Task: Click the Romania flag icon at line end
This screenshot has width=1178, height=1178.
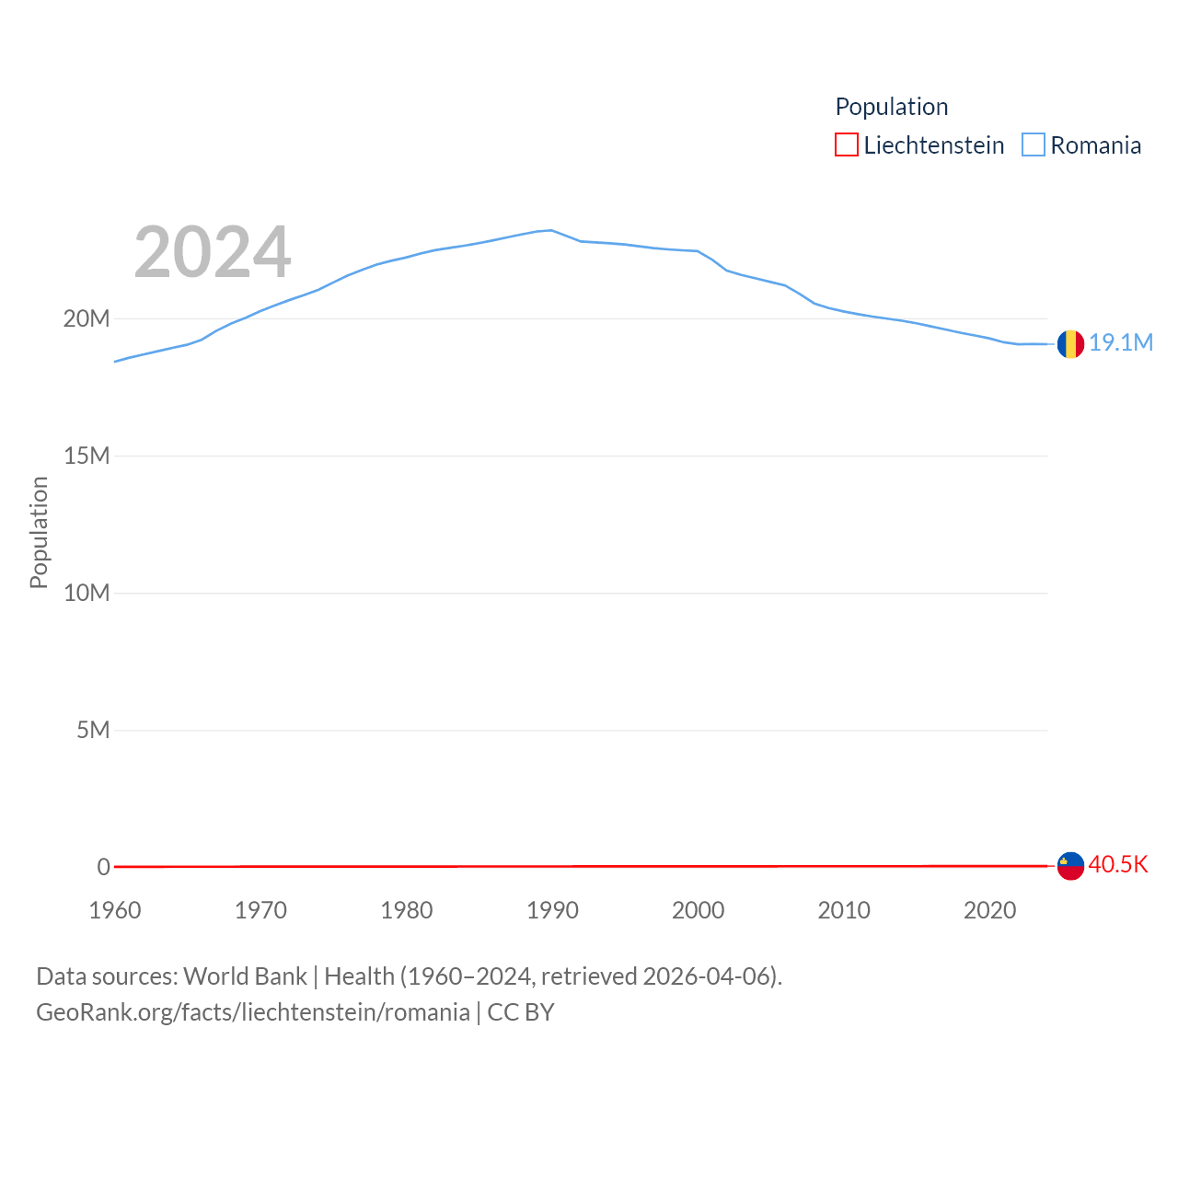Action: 1070,344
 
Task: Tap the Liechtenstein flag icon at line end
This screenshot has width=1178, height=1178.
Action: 1070,865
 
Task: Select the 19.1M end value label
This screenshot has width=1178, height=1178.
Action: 1121,342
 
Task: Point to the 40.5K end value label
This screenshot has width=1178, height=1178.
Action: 1118,864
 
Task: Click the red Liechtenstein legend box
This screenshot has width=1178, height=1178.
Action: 847,145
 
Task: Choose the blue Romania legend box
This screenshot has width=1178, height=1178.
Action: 1034,145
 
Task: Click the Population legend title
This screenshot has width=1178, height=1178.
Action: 891,107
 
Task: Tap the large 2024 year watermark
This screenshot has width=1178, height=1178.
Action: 213,252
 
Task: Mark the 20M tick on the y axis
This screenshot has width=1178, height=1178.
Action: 87,318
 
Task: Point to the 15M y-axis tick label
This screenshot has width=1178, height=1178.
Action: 87,456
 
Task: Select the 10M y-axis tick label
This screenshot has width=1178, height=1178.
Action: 87,593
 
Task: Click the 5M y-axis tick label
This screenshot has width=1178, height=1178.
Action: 93,730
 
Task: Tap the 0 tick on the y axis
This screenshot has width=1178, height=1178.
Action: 103,867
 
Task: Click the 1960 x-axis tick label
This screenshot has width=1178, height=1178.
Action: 115,910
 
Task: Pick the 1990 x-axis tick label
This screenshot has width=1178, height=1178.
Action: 552,910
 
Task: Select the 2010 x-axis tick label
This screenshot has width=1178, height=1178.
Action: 844,910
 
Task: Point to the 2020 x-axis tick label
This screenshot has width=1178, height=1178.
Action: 989,910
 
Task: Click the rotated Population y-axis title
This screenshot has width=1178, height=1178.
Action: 39,532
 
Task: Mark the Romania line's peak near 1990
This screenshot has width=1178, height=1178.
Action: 550,230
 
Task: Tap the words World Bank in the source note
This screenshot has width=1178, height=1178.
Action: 245,976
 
